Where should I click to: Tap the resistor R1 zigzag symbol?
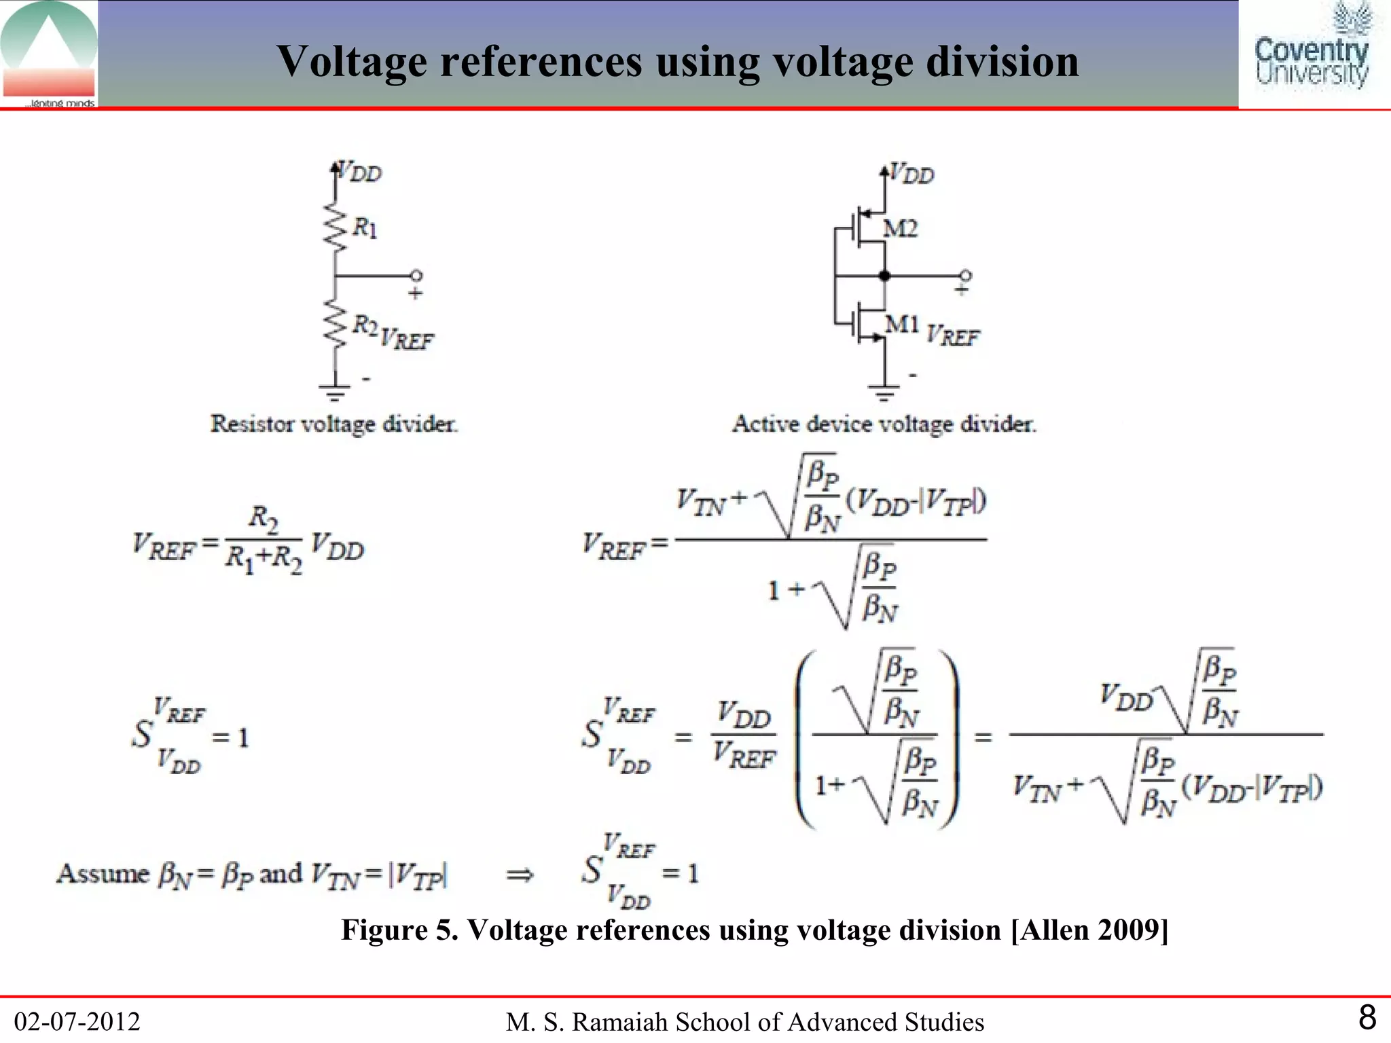pyautogui.click(x=334, y=226)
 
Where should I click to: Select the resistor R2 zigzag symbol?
pyautogui.click(x=334, y=323)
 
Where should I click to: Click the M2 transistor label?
pyautogui.click(x=901, y=228)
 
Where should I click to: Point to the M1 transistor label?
pyautogui.click(x=902, y=325)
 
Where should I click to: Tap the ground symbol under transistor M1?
pyautogui.click(x=883, y=392)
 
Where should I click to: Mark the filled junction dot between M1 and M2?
pyautogui.click(x=884, y=276)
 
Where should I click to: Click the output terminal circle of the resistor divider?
pyautogui.click(x=416, y=275)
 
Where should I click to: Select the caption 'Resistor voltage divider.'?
pyautogui.click(x=334, y=424)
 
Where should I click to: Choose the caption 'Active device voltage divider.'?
pyautogui.click(x=884, y=424)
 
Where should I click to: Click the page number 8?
pyautogui.click(x=1367, y=1018)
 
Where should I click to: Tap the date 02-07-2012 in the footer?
pyautogui.click(x=77, y=1021)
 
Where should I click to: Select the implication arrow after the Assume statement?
pyautogui.click(x=520, y=875)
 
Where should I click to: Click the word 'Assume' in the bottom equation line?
pyautogui.click(x=103, y=873)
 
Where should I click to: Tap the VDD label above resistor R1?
pyautogui.click(x=360, y=172)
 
